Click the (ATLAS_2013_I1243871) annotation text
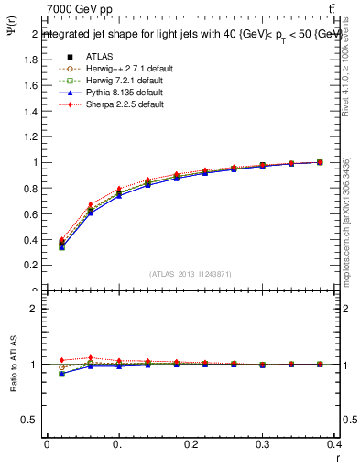coord(191,275)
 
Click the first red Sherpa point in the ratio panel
coord(62,360)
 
